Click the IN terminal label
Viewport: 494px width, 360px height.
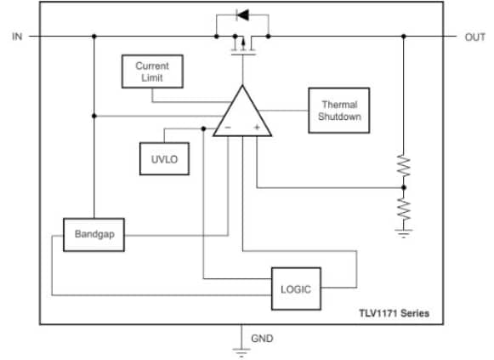click(x=17, y=37)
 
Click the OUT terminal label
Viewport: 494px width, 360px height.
click(x=474, y=37)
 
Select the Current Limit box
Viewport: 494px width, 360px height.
click(x=152, y=72)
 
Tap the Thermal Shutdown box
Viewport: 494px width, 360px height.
click(x=339, y=110)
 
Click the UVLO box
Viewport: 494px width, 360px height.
click(x=162, y=157)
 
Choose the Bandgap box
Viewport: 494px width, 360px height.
click(x=94, y=233)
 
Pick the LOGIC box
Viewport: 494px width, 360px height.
click(x=296, y=289)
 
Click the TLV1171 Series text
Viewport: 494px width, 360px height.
click(x=393, y=314)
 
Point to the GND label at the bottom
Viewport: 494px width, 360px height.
click(x=263, y=339)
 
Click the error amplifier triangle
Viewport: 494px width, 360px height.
click(x=241, y=114)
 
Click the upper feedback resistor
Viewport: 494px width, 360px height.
click(x=403, y=164)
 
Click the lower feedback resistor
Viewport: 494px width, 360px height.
click(x=403, y=207)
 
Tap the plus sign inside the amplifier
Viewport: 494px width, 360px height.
click(x=256, y=128)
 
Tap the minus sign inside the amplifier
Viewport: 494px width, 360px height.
click(x=227, y=128)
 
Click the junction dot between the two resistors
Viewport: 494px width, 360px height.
click(x=403, y=186)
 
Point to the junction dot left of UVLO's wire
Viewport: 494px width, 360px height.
click(x=203, y=129)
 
